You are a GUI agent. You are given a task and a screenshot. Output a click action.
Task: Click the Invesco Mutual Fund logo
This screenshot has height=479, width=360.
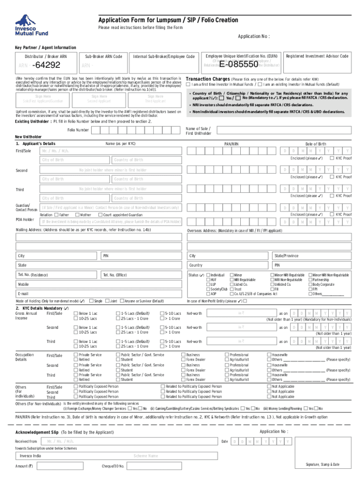(x=29, y=25)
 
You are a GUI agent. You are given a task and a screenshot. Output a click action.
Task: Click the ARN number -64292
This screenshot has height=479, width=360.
(x=44, y=65)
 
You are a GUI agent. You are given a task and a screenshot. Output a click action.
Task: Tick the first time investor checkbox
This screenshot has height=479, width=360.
(x=188, y=85)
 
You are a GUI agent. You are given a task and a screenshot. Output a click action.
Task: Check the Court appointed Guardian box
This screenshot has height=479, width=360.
(x=106, y=214)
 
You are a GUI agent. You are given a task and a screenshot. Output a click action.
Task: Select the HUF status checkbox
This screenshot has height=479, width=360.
(x=209, y=280)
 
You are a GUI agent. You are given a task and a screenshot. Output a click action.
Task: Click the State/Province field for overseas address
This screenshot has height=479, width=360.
(x=312, y=256)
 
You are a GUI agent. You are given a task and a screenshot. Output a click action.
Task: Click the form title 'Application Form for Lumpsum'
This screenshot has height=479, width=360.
(x=168, y=20)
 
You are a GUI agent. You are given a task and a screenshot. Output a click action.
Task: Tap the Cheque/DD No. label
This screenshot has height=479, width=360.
(x=113, y=466)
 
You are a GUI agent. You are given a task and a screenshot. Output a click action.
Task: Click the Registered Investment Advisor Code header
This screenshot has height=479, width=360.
(x=317, y=56)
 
